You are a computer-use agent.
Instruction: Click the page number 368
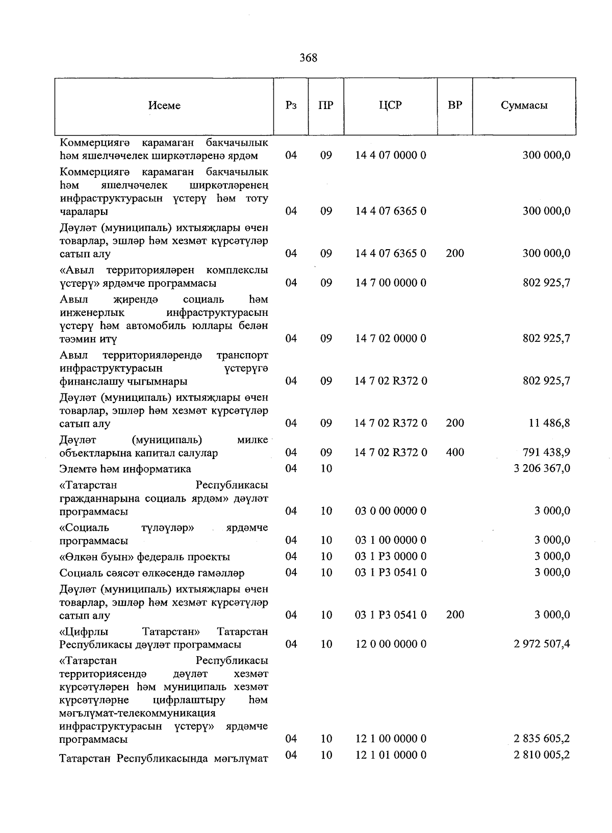coord(308,58)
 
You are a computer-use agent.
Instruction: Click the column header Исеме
coord(164,105)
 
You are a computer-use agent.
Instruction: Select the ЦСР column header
coord(390,105)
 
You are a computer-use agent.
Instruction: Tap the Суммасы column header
coord(524,105)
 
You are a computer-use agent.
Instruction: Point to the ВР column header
coord(454,105)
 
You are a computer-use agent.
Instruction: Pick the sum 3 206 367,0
coord(542,468)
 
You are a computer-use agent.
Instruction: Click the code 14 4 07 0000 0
coord(390,155)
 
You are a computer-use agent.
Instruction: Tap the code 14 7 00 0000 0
coord(390,283)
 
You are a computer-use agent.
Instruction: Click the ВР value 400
coord(454,452)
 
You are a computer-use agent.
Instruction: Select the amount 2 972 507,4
coord(542,644)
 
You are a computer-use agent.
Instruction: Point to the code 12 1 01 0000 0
coord(390,755)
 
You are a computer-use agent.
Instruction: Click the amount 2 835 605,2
coord(542,739)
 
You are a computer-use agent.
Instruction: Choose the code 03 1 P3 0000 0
coord(390,556)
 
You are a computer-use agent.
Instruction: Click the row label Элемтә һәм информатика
coord(125,469)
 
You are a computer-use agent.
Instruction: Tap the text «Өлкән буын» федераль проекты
coord(144,557)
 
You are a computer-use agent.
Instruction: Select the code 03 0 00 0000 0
coord(390,511)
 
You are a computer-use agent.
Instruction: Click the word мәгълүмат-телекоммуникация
coord(137,713)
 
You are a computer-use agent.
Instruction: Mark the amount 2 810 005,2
coord(542,755)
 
